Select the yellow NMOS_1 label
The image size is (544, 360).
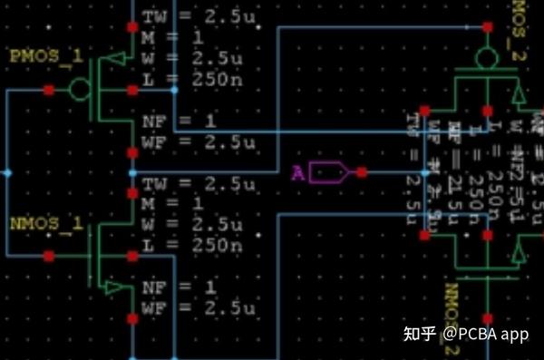coord(45,223)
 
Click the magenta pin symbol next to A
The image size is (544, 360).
coord(327,171)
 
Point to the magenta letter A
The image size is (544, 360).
coord(296,172)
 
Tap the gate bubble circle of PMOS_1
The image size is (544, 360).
coord(79,89)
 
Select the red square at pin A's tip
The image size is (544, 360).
coord(362,171)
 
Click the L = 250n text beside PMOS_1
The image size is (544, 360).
coord(191,79)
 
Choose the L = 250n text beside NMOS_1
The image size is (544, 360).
coord(191,245)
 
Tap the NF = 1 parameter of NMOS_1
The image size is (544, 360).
coord(178,289)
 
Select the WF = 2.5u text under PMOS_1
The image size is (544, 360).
coord(191,141)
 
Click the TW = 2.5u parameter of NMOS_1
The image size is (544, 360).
coord(191,184)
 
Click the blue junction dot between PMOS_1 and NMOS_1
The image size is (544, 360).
coord(133,171)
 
